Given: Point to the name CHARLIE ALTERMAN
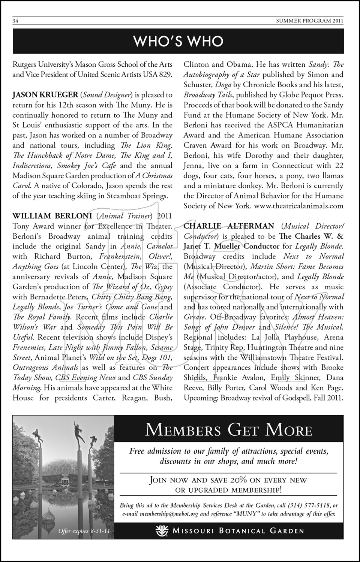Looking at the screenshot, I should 229,226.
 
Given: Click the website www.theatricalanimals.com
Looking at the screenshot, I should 299,206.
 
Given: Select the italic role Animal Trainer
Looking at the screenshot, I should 124,216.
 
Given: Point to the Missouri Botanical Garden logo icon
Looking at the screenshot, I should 163,531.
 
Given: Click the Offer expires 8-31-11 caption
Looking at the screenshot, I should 84,531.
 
